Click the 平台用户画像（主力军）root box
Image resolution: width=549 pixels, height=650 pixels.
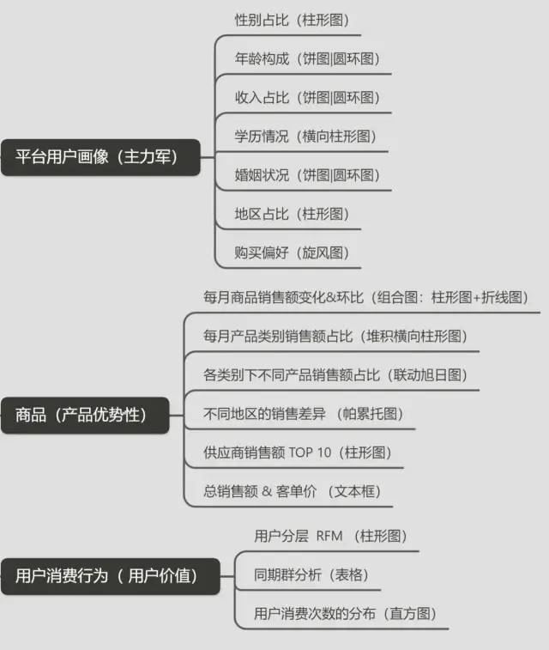[x=100, y=157]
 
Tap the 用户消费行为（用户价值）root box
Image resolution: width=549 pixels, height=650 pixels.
[x=110, y=575]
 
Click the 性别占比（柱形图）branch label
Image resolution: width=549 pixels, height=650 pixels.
[x=292, y=19]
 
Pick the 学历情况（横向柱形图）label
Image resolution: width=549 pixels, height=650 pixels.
[x=305, y=136]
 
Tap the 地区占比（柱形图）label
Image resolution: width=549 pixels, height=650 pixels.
[x=292, y=213]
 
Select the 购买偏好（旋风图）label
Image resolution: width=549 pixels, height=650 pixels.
[x=292, y=252]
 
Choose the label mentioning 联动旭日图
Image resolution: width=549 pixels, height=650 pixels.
[x=335, y=374]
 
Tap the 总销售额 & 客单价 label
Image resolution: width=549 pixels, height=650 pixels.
[x=292, y=490]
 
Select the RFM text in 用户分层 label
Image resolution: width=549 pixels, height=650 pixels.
[x=329, y=536]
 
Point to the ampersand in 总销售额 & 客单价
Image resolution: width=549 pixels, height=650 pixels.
[x=268, y=491]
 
